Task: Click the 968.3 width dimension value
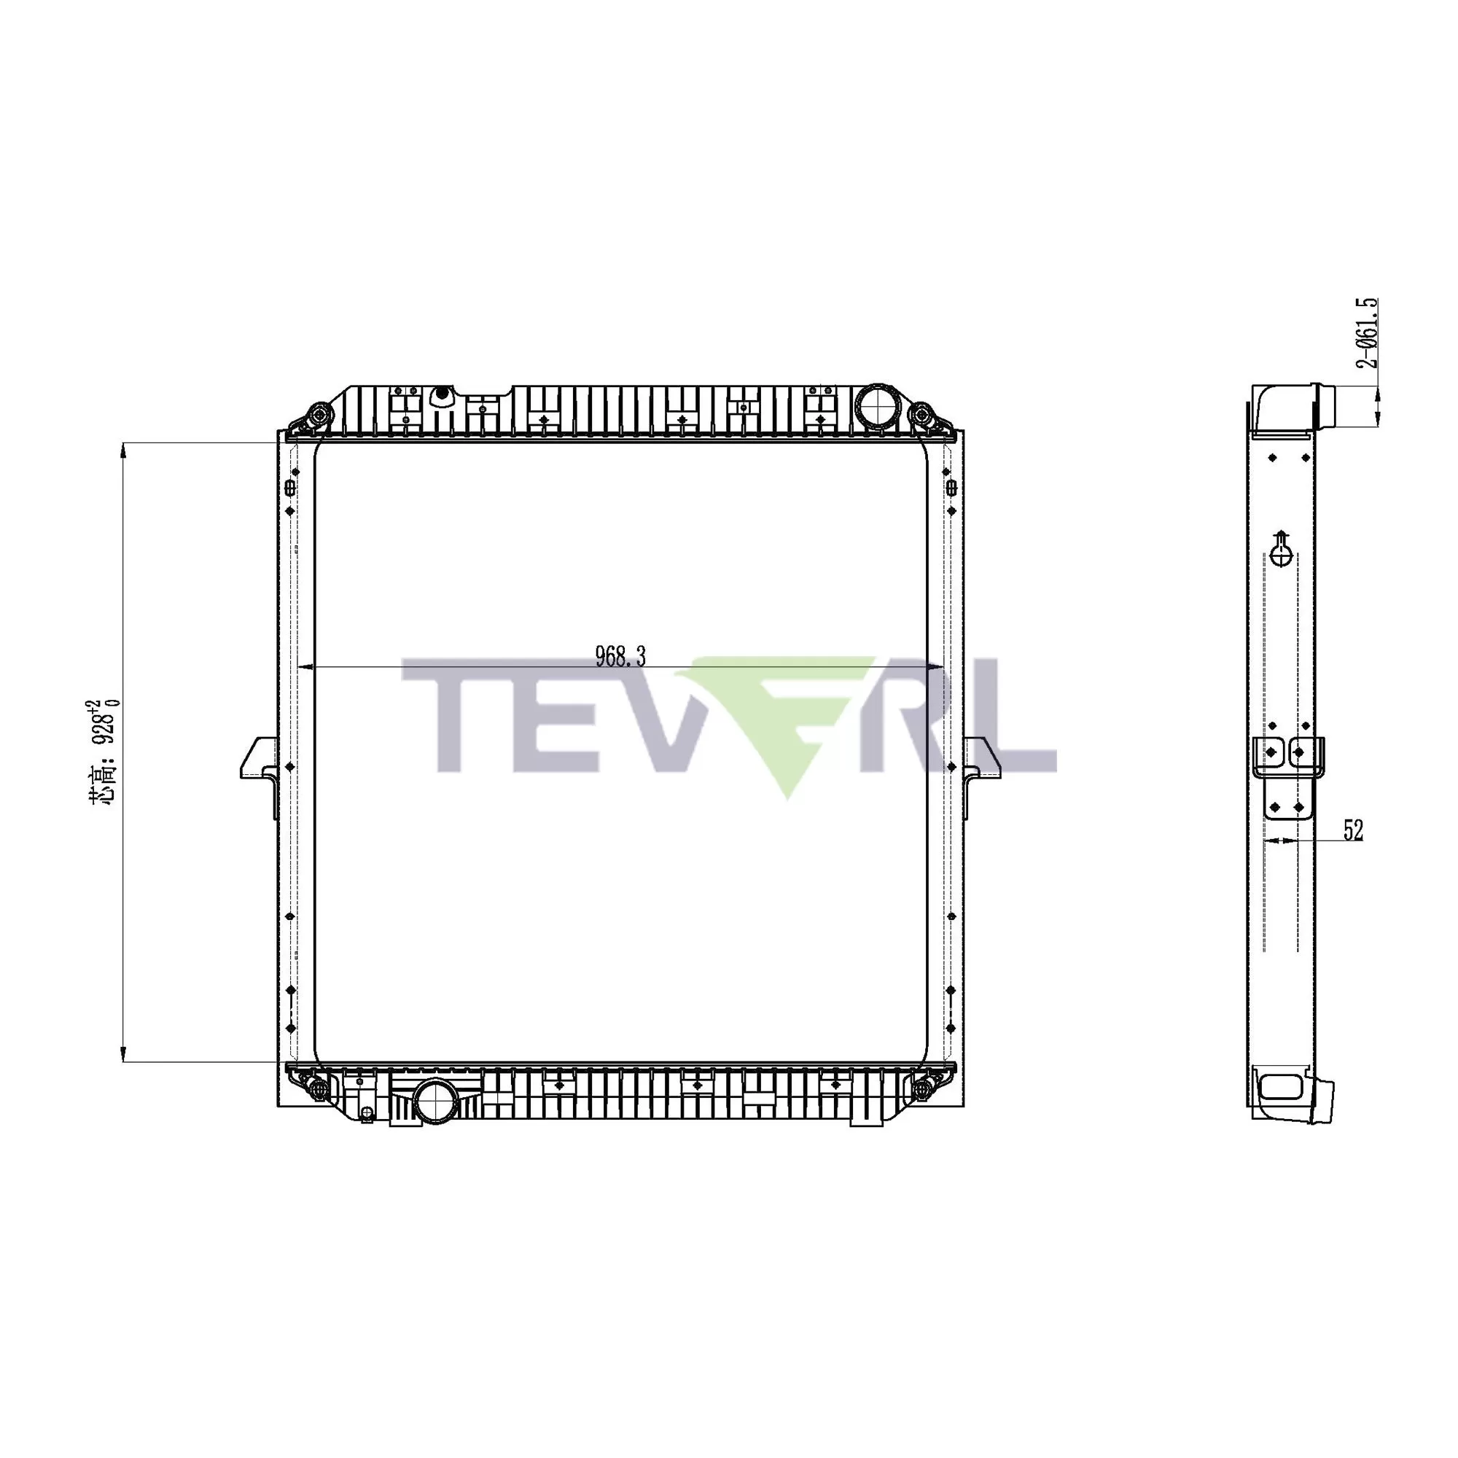tap(620, 657)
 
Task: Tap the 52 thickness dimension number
tap(1353, 831)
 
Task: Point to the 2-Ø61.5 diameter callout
tap(1368, 333)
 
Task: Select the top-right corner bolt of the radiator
tap(921, 416)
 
